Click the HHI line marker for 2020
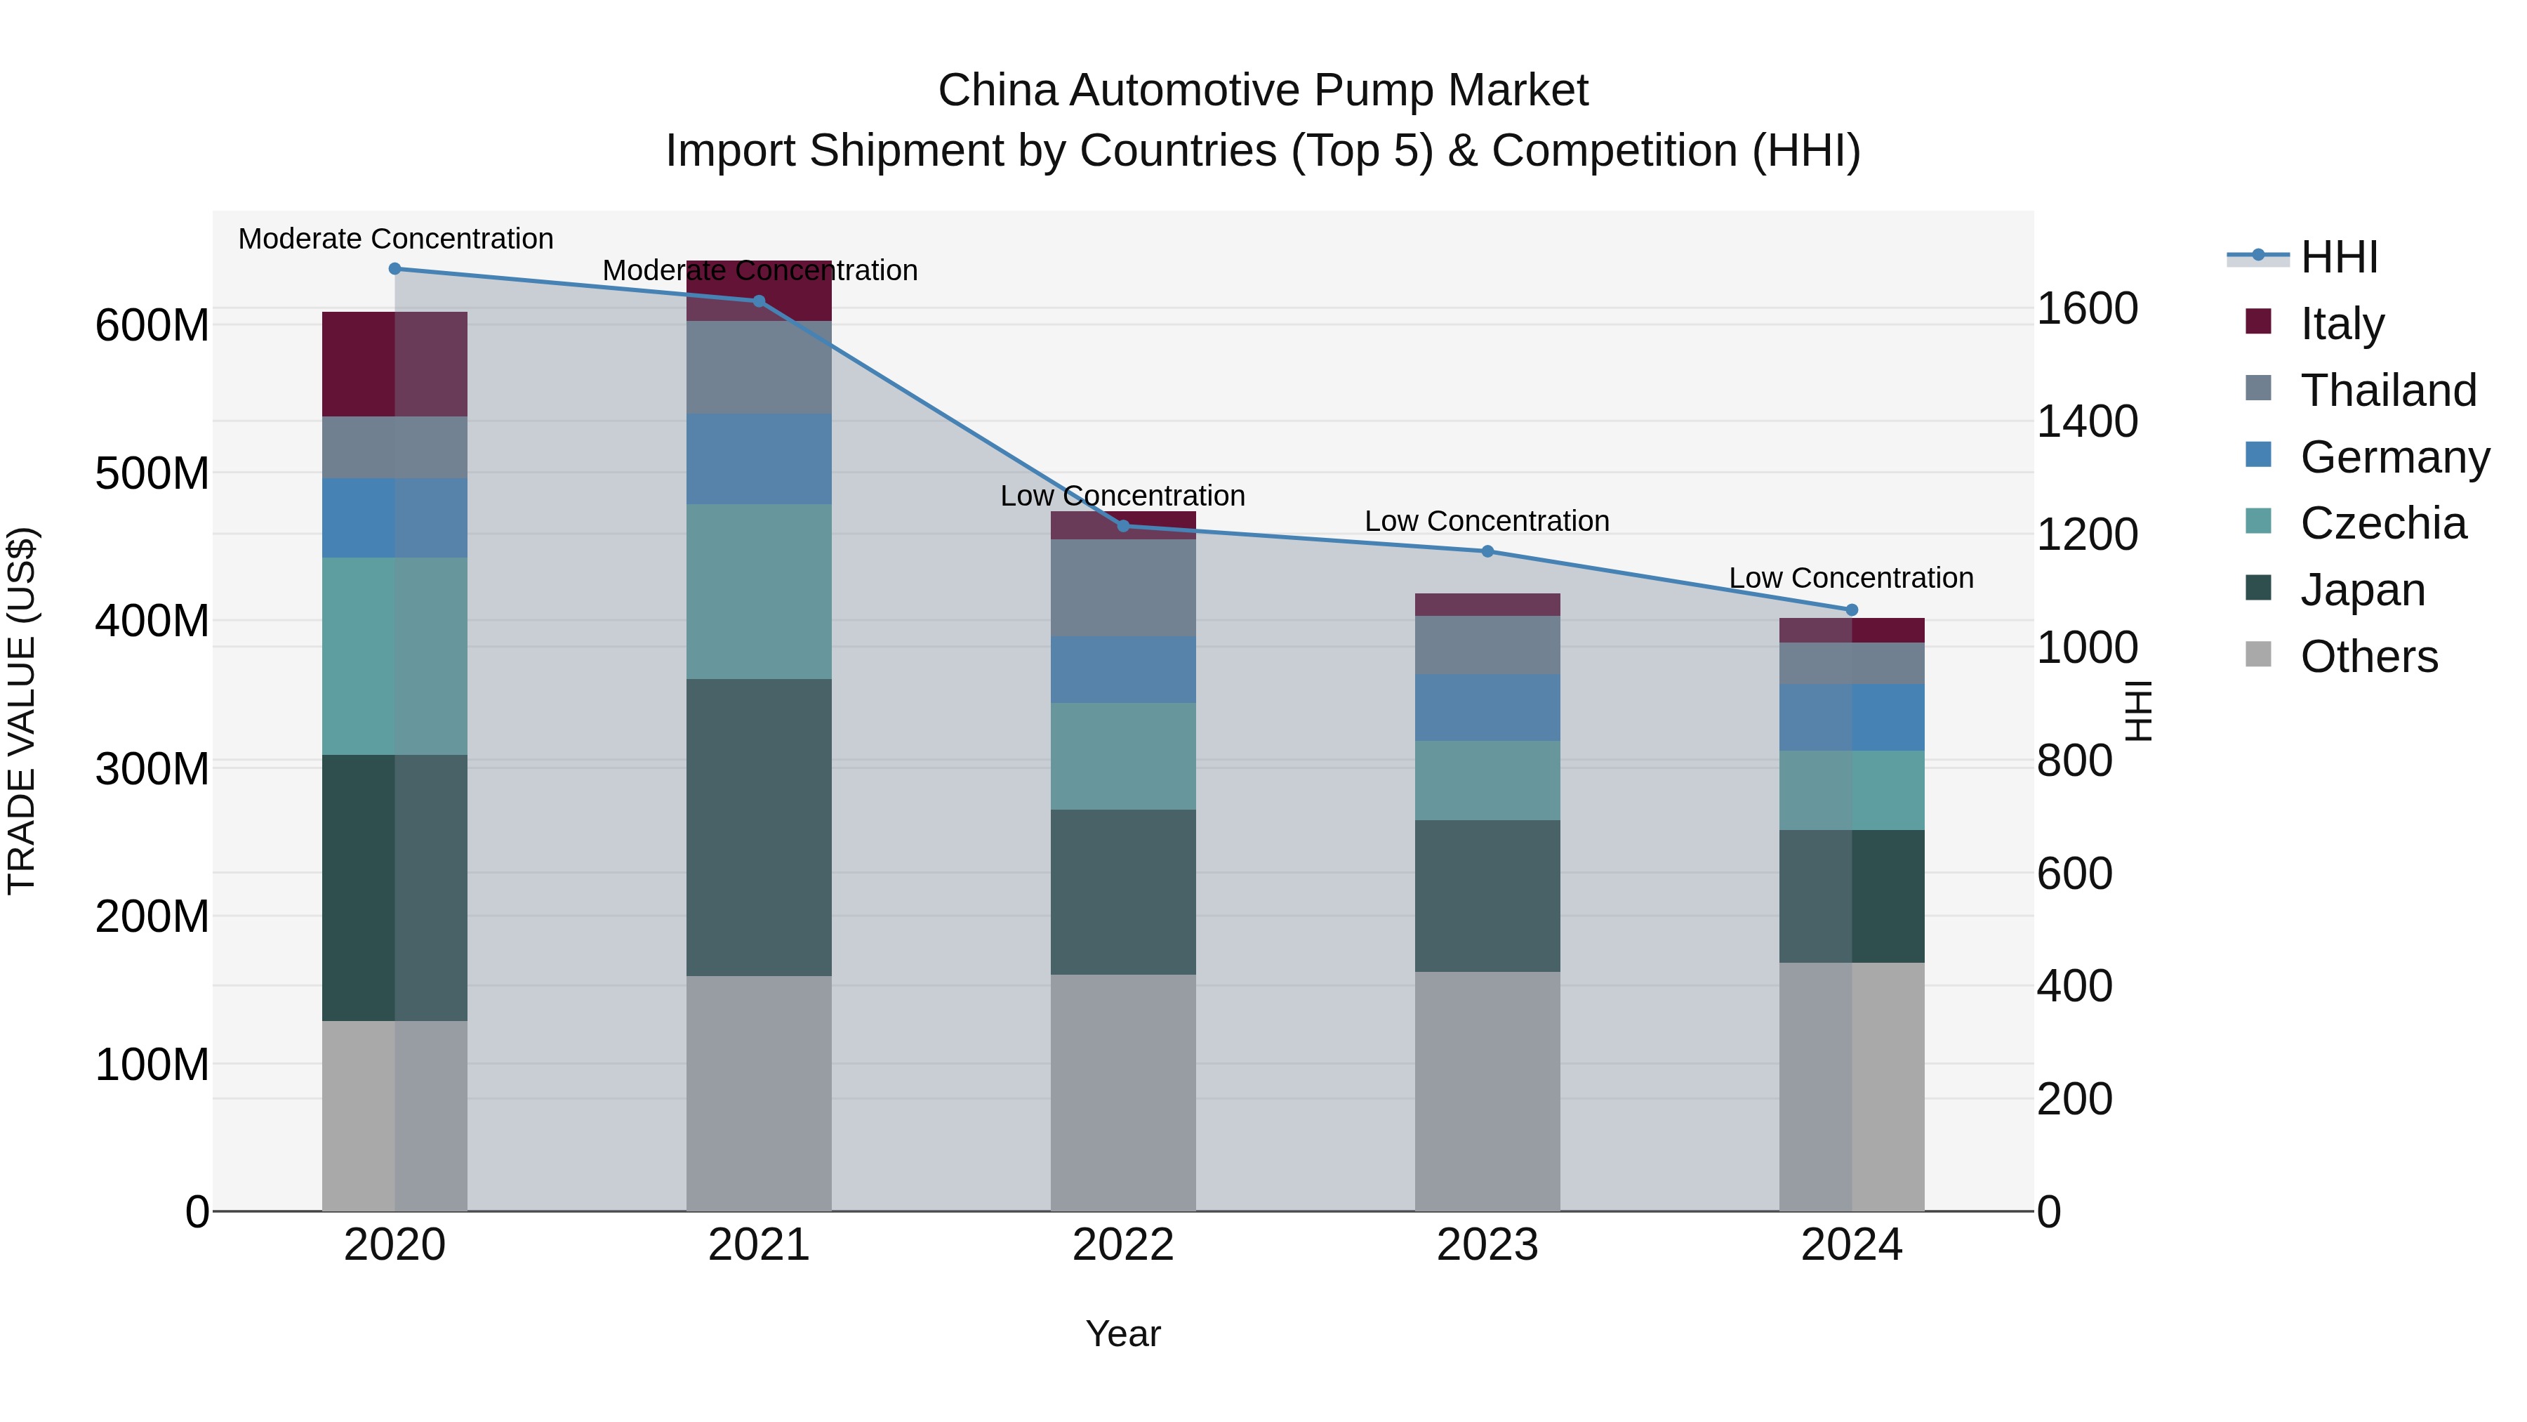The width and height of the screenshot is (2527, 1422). click(394, 269)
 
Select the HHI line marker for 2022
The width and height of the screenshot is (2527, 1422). click(1123, 526)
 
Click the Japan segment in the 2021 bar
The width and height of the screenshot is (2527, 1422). click(758, 827)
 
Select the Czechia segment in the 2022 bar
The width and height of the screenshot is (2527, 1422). click(1123, 756)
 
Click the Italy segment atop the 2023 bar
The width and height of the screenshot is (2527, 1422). click(1487, 605)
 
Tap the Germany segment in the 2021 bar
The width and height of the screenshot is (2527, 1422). click(758, 459)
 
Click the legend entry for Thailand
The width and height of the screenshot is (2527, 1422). click(2388, 390)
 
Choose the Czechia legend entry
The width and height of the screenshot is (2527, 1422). click(2383, 523)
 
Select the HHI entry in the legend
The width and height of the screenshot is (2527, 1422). click(2339, 257)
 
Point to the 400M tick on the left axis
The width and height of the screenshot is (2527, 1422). click(152, 621)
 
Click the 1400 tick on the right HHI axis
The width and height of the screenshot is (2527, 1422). click(2087, 421)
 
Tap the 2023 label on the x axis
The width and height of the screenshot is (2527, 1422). click(1487, 1245)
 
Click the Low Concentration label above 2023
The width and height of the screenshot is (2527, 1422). click(1487, 521)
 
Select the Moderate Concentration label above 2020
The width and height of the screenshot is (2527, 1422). click(395, 239)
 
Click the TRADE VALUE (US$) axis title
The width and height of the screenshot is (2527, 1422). click(22, 711)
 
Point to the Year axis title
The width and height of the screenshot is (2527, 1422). click(1123, 1334)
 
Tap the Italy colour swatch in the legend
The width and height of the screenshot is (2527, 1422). click(2258, 322)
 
